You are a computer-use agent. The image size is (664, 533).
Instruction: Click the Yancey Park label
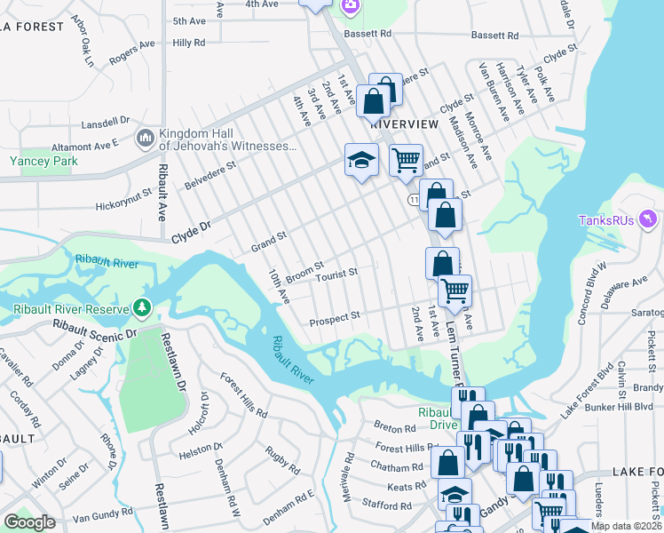pos(43,161)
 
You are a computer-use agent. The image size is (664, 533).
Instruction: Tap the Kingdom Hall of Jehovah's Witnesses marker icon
pos(145,139)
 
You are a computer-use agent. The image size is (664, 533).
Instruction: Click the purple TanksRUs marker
pos(648,219)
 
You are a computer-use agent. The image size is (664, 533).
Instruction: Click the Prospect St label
pos(334,315)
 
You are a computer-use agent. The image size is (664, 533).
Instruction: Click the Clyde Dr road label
pos(192,228)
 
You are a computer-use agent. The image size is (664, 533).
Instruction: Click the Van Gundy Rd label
pos(102,516)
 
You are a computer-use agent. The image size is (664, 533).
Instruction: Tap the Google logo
pos(29,522)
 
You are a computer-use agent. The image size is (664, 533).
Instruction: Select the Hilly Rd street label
pos(189,42)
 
